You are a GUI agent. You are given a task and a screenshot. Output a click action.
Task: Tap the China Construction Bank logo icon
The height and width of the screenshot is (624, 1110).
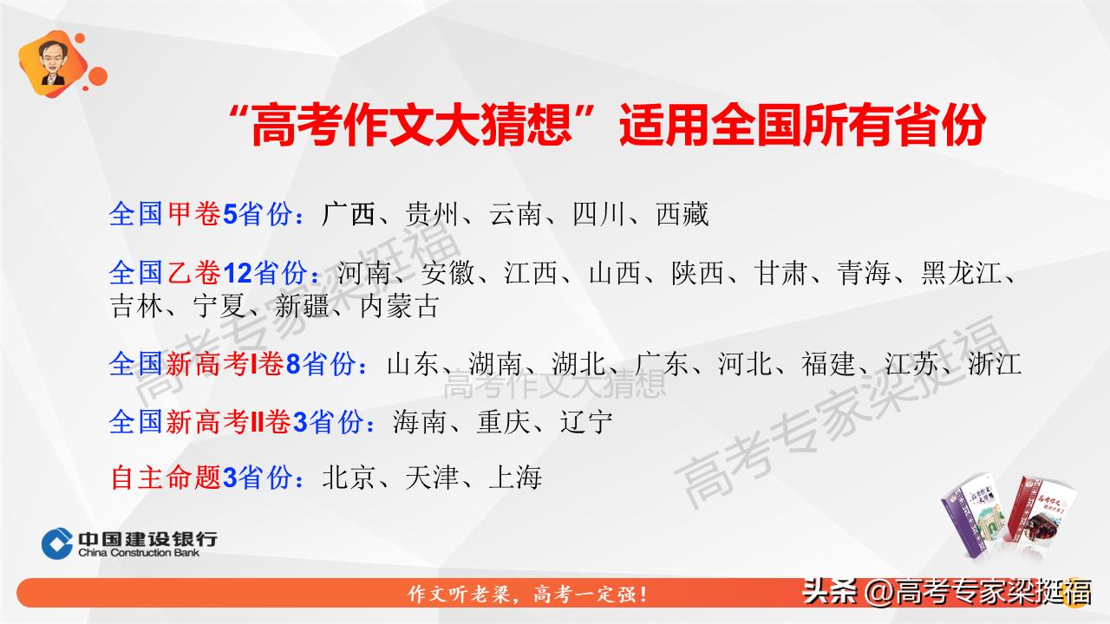57,543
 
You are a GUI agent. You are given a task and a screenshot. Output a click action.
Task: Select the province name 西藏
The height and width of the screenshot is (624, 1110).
682,214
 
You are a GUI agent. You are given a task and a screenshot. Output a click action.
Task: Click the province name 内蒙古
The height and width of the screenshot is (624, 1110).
400,305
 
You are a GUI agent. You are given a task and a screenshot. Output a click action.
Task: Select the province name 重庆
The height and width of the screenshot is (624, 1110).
503,423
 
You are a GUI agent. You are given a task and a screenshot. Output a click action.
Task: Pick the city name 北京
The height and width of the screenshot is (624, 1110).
349,477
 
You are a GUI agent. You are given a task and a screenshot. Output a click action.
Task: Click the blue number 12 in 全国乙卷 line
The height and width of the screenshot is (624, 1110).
238,274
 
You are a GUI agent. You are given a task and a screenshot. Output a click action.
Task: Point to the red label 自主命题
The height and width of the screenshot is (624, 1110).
165,477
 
